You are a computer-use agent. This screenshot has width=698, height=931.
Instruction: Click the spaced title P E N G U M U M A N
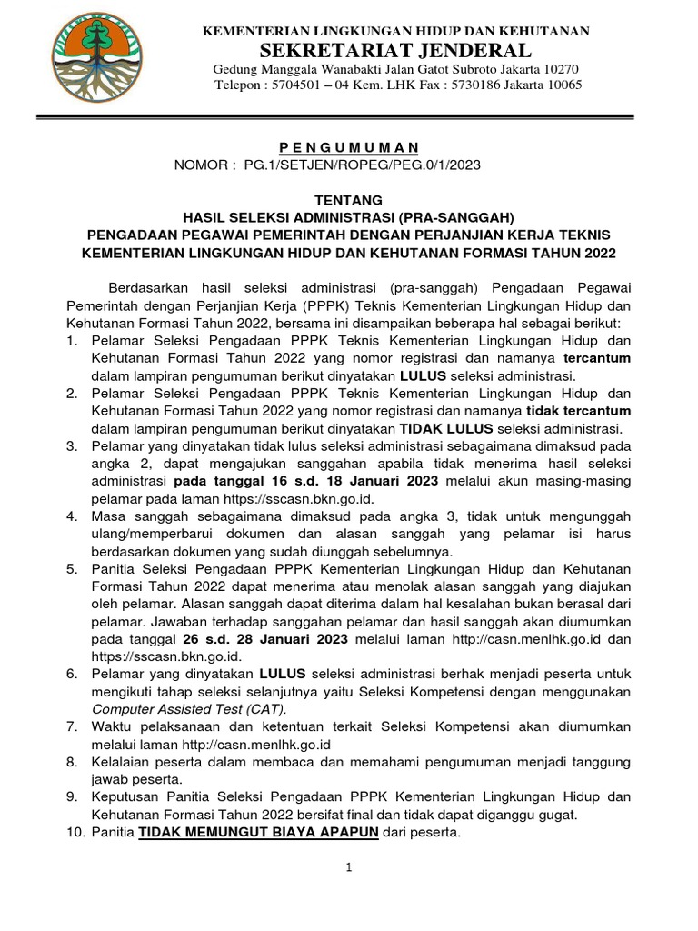[x=349, y=147]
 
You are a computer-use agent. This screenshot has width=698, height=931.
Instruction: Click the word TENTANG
[x=349, y=199]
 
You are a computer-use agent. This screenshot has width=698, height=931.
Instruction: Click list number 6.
[x=72, y=675]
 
